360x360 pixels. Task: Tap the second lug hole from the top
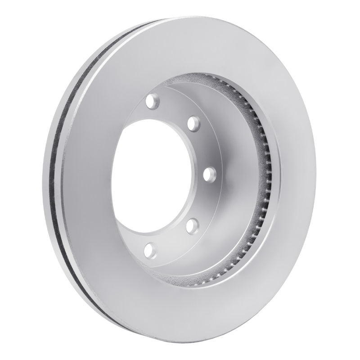coord(193,122)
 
